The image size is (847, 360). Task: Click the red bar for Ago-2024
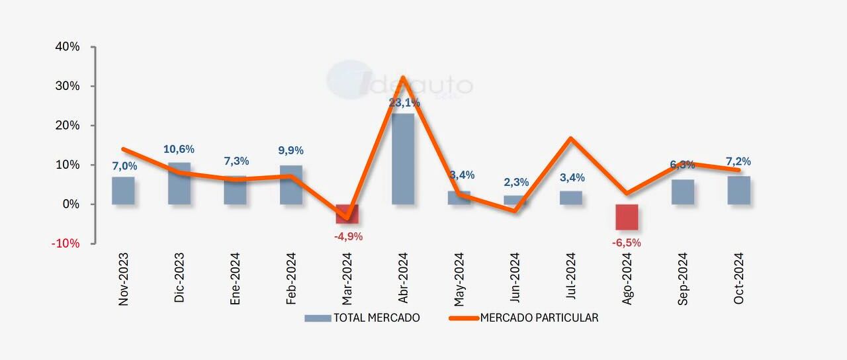click(x=627, y=217)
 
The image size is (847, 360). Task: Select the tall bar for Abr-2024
click(x=403, y=159)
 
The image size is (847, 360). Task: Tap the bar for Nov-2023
click(x=123, y=191)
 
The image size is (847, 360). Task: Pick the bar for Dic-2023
click(x=179, y=183)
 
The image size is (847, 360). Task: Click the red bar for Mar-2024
click(x=347, y=213)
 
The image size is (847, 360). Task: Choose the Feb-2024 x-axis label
click(x=291, y=279)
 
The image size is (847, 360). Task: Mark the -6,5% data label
click(x=626, y=243)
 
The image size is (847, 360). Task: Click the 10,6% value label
click(x=179, y=150)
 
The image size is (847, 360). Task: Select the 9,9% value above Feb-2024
click(x=290, y=151)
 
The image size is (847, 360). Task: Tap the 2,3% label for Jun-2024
click(x=516, y=182)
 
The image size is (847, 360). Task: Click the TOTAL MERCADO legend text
click(x=377, y=318)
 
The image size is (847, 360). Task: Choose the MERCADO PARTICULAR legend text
click(x=539, y=318)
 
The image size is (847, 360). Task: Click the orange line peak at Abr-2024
click(x=402, y=78)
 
